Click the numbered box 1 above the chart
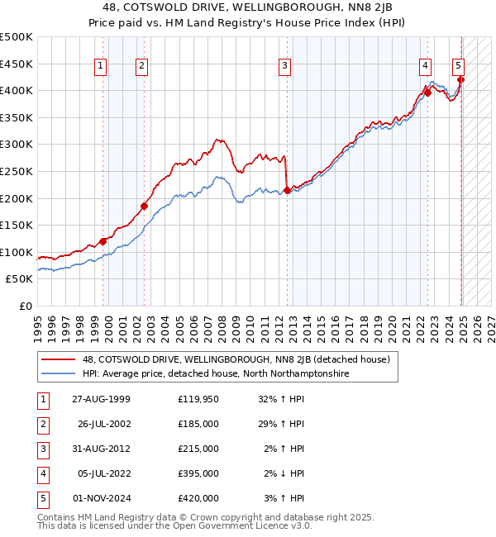click(x=100, y=67)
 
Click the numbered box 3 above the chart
click(x=284, y=67)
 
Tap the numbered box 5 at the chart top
click(x=458, y=67)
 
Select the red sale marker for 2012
click(x=287, y=190)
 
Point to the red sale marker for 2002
click(x=144, y=207)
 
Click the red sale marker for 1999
click(x=103, y=241)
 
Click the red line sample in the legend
click(x=60, y=359)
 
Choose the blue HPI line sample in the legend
click(x=60, y=373)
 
